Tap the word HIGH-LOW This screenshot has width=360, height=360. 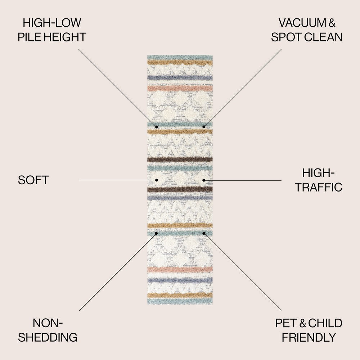52,23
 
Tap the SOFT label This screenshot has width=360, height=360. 33,180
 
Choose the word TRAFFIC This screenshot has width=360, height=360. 319,187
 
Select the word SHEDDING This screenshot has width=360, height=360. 48,337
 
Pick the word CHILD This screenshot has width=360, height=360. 326,323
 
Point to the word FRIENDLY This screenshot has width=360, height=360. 309,337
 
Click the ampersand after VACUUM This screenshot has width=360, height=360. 332,23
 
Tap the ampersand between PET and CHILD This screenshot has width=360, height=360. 303,323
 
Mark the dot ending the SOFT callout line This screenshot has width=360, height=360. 157,180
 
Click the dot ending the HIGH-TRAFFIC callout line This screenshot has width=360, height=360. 204,180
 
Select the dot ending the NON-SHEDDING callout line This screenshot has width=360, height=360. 157,233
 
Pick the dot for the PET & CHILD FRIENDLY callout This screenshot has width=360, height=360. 204,233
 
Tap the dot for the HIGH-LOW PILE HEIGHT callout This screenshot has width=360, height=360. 157,127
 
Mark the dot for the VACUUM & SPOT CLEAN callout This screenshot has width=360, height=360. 204,127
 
